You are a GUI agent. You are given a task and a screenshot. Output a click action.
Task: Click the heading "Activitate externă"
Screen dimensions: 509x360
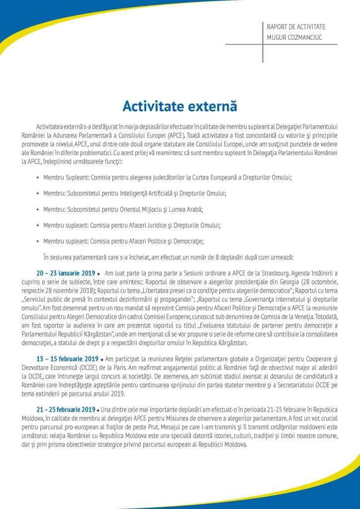pyautogui.click(x=180, y=106)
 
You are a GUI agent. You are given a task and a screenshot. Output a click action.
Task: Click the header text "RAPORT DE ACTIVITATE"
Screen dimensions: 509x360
pyautogui.click(x=296, y=27)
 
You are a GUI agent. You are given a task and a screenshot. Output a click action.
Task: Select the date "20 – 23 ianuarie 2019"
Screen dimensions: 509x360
pyautogui.click(x=65, y=273)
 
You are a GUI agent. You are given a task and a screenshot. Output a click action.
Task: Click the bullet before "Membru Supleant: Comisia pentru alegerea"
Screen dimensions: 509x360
pyautogui.click(x=38, y=177)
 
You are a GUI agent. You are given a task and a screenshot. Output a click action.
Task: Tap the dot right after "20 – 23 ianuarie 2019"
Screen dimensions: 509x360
pyautogui.click(x=99, y=274)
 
